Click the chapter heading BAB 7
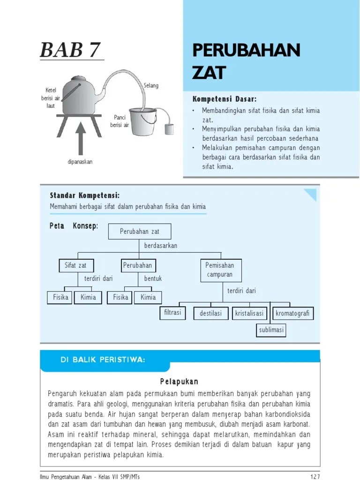coord(71,50)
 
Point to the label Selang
coord(151,86)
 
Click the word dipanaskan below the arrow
coord(79,162)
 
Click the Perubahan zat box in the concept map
coord(140,232)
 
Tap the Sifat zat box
coord(75,266)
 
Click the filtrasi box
coord(172,312)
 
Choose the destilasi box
coord(211,313)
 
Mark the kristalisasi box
coord(249,313)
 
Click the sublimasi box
coord(271,330)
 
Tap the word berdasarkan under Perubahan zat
coord(161,246)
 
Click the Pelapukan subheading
coord(180,382)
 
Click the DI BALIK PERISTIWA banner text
coord(103,360)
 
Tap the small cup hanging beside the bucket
coord(169,129)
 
